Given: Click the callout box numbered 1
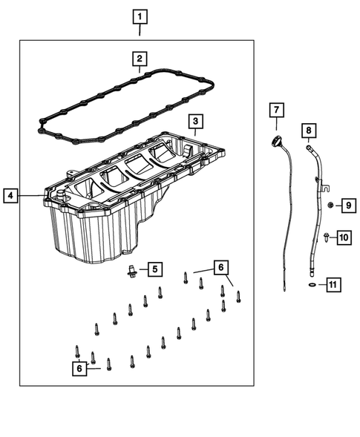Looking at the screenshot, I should pyautogui.click(x=140, y=15).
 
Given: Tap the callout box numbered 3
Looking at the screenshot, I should pyautogui.click(x=194, y=121).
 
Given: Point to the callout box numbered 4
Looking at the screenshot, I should pyautogui.click(x=10, y=196).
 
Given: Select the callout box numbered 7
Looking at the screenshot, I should pyautogui.click(x=275, y=111).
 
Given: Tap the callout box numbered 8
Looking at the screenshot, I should pyautogui.click(x=309, y=131).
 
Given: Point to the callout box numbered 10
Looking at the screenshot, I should pyautogui.click(x=344, y=237).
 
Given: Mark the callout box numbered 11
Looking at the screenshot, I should pyautogui.click(x=333, y=284).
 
